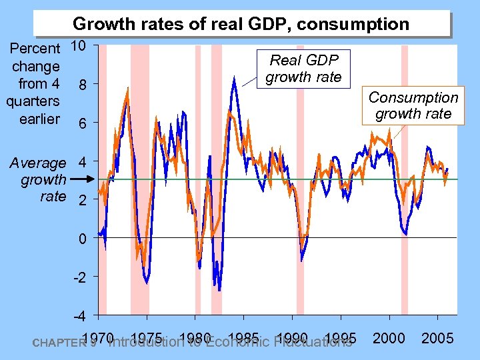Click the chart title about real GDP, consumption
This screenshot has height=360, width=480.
(241, 25)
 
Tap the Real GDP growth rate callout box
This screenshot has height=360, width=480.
(303, 69)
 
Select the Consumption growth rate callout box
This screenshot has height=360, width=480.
(413, 105)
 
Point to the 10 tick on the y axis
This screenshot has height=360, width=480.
(78, 46)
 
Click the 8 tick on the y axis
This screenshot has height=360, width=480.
(81, 85)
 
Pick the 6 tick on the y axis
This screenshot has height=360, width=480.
(81, 123)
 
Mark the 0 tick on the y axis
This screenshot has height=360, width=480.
(81, 238)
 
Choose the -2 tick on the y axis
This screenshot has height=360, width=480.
(78, 277)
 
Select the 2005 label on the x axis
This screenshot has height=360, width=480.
(438, 338)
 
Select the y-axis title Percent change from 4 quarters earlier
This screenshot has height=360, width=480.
(34, 84)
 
